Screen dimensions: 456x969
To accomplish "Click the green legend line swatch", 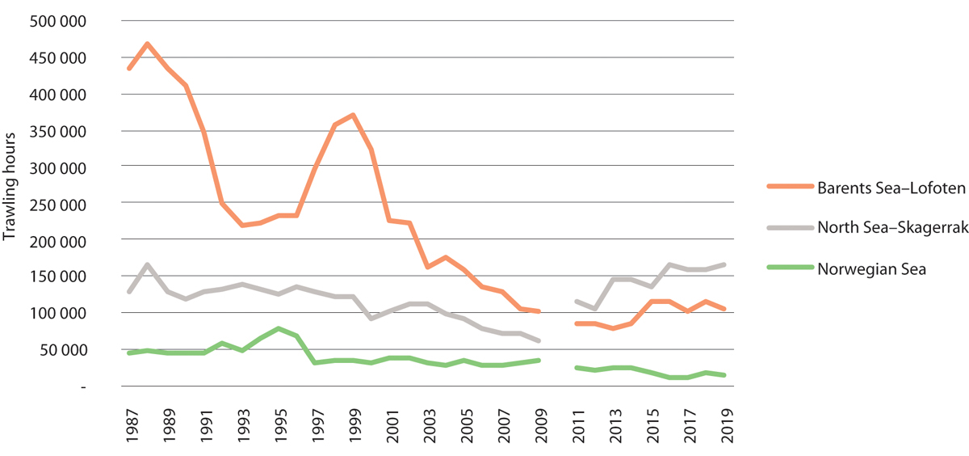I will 791,269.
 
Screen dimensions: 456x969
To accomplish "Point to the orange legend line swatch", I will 791,188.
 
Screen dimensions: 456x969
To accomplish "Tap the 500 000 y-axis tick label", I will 59,21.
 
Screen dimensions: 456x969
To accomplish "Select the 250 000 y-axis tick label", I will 59,204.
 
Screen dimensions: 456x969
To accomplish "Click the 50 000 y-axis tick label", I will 65,350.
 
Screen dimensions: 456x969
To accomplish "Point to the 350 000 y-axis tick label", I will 59,131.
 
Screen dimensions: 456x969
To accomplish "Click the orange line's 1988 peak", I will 147,44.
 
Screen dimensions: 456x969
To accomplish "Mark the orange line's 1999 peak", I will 353,115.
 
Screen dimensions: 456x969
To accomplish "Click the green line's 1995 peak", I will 279,328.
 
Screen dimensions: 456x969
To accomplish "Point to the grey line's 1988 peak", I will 147,264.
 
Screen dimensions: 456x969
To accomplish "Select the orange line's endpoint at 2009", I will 539,311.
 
